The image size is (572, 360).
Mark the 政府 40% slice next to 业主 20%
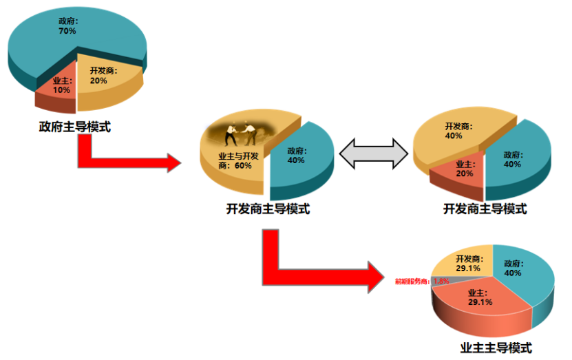[x=515, y=159]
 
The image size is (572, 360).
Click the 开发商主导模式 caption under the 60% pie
[x=268, y=209]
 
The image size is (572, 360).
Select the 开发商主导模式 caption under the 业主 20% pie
[x=485, y=209]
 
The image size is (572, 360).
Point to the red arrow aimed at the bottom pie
[x=310, y=272]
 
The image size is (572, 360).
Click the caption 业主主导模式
[x=495, y=348]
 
